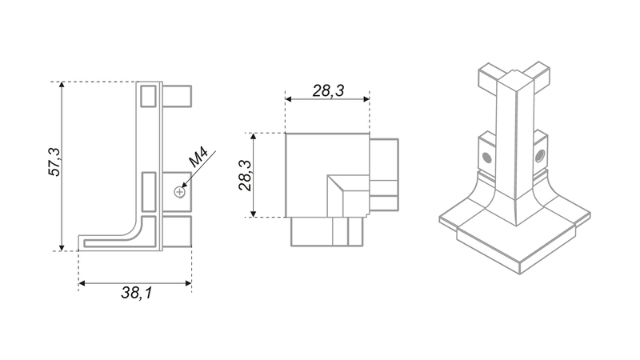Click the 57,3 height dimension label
point(54,162)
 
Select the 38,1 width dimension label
point(136,293)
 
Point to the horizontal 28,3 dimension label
point(328,90)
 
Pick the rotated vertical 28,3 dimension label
point(246,175)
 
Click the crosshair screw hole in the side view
point(179,192)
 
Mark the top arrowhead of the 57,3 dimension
point(62,85)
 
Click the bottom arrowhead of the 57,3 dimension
point(62,247)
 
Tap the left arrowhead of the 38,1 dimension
point(82,283)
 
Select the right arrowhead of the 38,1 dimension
point(188,283)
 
